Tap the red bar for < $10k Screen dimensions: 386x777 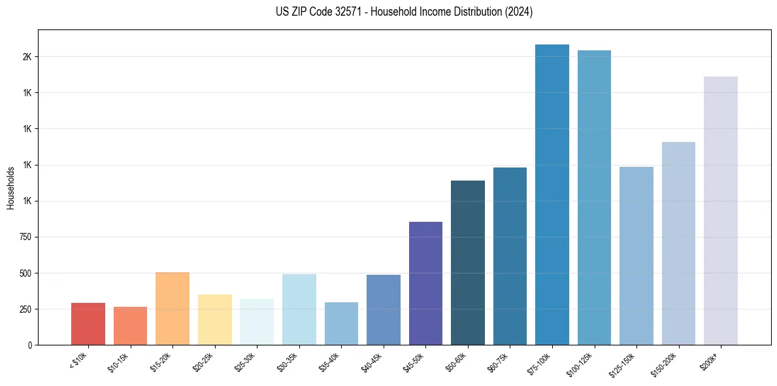click(x=88, y=324)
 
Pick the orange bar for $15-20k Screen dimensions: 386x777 click(x=173, y=308)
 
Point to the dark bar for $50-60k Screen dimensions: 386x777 click(x=468, y=262)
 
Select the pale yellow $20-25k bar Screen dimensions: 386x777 click(x=214, y=319)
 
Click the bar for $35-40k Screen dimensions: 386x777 click(x=341, y=323)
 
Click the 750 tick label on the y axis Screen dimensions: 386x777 click(x=26, y=237)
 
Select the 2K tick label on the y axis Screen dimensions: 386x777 click(x=27, y=57)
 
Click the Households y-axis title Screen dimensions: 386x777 click(x=10, y=188)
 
